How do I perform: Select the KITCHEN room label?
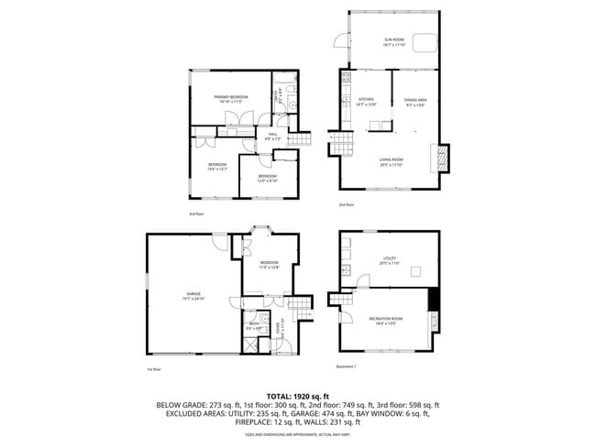366,100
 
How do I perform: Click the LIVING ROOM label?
392,160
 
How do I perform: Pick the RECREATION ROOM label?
387,320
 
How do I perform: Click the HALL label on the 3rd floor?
272,136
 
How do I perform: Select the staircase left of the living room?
341,141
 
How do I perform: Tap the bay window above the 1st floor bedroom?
263,230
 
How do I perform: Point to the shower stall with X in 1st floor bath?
249,343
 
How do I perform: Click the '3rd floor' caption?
195,213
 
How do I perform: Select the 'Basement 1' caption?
347,365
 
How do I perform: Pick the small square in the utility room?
415,270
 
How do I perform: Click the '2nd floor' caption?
346,204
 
